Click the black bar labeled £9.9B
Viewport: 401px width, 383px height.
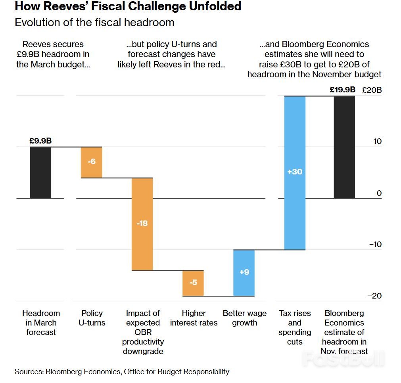pos(40,172)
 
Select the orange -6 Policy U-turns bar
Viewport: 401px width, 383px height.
pos(92,162)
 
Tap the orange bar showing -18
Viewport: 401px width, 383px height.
pos(142,224)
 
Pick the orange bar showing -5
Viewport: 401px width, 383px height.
pos(193,283)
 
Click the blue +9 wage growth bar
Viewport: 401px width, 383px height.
pos(244,273)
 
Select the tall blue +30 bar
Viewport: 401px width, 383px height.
pos(295,172)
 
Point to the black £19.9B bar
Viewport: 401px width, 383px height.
pos(344,147)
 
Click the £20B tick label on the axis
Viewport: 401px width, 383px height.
pos(372,90)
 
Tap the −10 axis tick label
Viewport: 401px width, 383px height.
pos(375,244)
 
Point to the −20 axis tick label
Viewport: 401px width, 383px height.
pos(375,296)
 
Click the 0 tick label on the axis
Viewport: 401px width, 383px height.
pos(379,193)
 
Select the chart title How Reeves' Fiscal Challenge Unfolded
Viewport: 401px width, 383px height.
pos(128,6)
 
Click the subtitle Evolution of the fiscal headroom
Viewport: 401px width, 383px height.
pos(94,22)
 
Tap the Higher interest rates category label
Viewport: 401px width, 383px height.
pos(194,318)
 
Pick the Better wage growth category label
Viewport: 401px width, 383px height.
pos(244,318)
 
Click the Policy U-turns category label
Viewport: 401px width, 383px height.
pos(92,318)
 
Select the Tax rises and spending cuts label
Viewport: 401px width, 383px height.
pos(295,327)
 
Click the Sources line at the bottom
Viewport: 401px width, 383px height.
pos(122,372)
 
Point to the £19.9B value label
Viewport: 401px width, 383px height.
pos(342,90)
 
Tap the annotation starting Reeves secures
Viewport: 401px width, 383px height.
pos(53,54)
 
